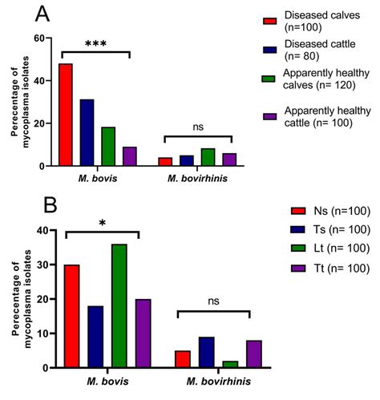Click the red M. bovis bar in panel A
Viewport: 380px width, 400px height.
click(x=66, y=115)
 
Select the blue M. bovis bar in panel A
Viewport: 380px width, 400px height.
click(x=87, y=132)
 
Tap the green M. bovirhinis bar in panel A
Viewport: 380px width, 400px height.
click(x=208, y=157)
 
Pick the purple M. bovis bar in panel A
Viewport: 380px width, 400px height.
click(x=130, y=156)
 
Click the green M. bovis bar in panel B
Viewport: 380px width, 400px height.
click(x=119, y=305)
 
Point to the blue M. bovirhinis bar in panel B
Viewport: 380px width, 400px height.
click(x=207, y=352)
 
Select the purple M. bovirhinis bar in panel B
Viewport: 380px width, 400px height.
click(x=254, y=354)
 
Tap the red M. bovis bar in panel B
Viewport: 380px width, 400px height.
click(x=72, y=316)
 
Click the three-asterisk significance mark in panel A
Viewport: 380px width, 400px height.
click(x=95, y=43)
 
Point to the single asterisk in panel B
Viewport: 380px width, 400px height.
click(x=103, y=223)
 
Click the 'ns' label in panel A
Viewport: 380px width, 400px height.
click(x=198, y=127)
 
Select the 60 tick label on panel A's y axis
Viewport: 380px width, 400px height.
click(x=39, y=38)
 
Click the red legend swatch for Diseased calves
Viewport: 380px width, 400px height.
click(x=269, y=22)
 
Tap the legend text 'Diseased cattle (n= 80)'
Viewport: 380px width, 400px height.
click(x=320, y=50)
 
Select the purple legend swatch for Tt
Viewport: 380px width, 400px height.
click(x=298, y=269)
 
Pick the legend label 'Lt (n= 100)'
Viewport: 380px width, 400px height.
click(x=342, y=248)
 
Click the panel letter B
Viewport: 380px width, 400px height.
click(x=51, y=205)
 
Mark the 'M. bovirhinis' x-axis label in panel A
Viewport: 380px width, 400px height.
click(x=197, y=179)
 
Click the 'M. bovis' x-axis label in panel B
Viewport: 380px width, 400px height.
click(x=107, y=382)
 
